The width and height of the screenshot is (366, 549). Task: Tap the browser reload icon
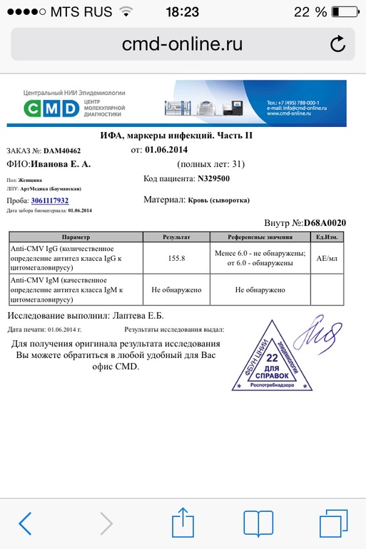tap(338, 44)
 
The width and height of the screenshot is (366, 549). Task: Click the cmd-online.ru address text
tap(182, 44)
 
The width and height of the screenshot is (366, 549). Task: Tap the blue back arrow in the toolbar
tap(25, 523)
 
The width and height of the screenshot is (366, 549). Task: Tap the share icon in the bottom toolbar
tap(183, 522)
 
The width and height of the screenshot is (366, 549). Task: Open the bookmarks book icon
tap(258, 523)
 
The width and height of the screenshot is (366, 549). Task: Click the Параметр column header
tap(76, 236)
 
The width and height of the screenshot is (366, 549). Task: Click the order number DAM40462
tap(62, 151)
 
